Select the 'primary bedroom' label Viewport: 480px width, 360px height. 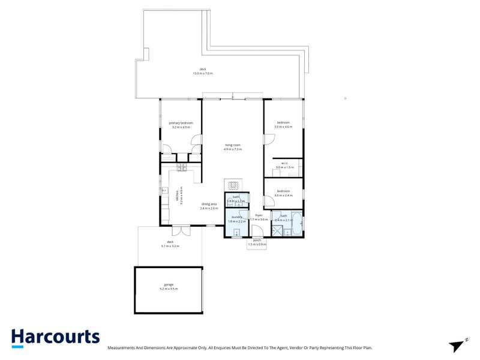181,123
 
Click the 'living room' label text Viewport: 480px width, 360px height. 233,145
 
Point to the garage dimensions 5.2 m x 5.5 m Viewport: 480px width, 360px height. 169,289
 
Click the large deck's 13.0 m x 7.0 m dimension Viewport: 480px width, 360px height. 203,73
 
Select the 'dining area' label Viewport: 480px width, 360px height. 209,204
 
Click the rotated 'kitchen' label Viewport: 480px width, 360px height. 178,196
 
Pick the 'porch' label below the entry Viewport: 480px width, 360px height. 257,240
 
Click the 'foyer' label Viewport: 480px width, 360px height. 259,215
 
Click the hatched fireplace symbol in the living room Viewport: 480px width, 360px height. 233,184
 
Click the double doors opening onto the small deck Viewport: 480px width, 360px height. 181,230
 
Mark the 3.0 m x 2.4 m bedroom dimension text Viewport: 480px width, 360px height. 283,196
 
